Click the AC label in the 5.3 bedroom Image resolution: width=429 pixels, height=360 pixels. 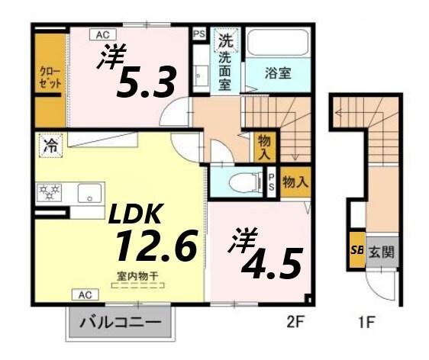point(102,34)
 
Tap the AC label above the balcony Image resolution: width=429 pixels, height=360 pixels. point(84,294)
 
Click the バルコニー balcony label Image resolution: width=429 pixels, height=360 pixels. point(121,323)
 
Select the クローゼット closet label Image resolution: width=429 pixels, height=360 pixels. point(51,77)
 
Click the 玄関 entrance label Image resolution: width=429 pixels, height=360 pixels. point(382,250)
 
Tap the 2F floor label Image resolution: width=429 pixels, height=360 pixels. point(294,323)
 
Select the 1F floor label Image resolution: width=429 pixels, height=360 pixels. point(366,323)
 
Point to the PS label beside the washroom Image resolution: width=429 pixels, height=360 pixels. point(199,34)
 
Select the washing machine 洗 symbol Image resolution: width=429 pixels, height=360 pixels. point(226,39)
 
